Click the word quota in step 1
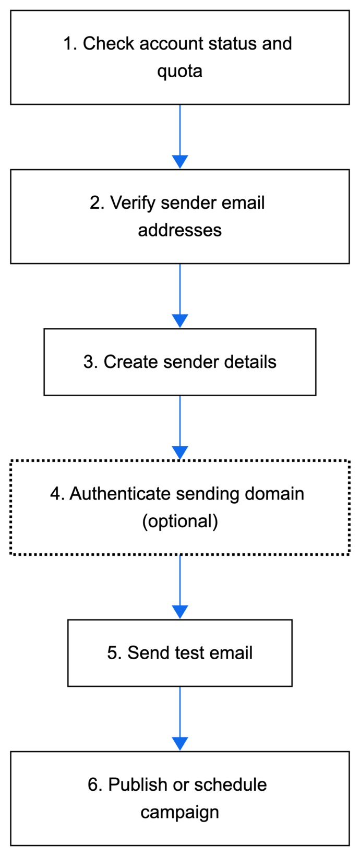click(179, 72)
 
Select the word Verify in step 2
click(133, 203)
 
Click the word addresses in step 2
click(179, 230)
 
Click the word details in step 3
click(250, 362)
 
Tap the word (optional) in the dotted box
click(180, 521)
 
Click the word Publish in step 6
click(134, 785)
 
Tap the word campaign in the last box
click(179, 813)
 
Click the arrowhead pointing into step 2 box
click(180, 161)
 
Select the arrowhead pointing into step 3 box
click(180, 320)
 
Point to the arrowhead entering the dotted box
click(180, 453)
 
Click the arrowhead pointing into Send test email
click(180, 612)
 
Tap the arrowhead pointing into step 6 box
click(180, 743)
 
